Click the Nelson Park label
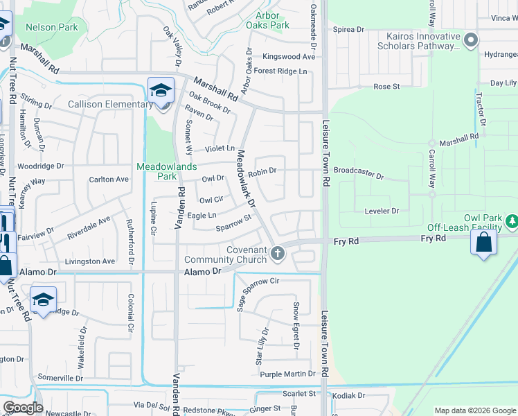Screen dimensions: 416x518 click(51, 27)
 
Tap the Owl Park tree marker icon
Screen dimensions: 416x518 click(511, 220)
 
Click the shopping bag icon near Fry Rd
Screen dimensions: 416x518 click(483, 243)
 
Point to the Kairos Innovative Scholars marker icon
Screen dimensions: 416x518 click(471, 40)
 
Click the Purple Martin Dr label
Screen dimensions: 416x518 click(287, 374)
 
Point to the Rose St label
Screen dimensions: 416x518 click(386, 87)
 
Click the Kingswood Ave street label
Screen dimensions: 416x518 click(288, 56)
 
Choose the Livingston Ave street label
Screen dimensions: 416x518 click(89, 261)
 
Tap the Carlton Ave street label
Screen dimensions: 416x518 click(109, 179)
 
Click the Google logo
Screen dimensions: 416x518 click(22, 408)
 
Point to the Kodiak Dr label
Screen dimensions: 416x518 click(348, 395)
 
